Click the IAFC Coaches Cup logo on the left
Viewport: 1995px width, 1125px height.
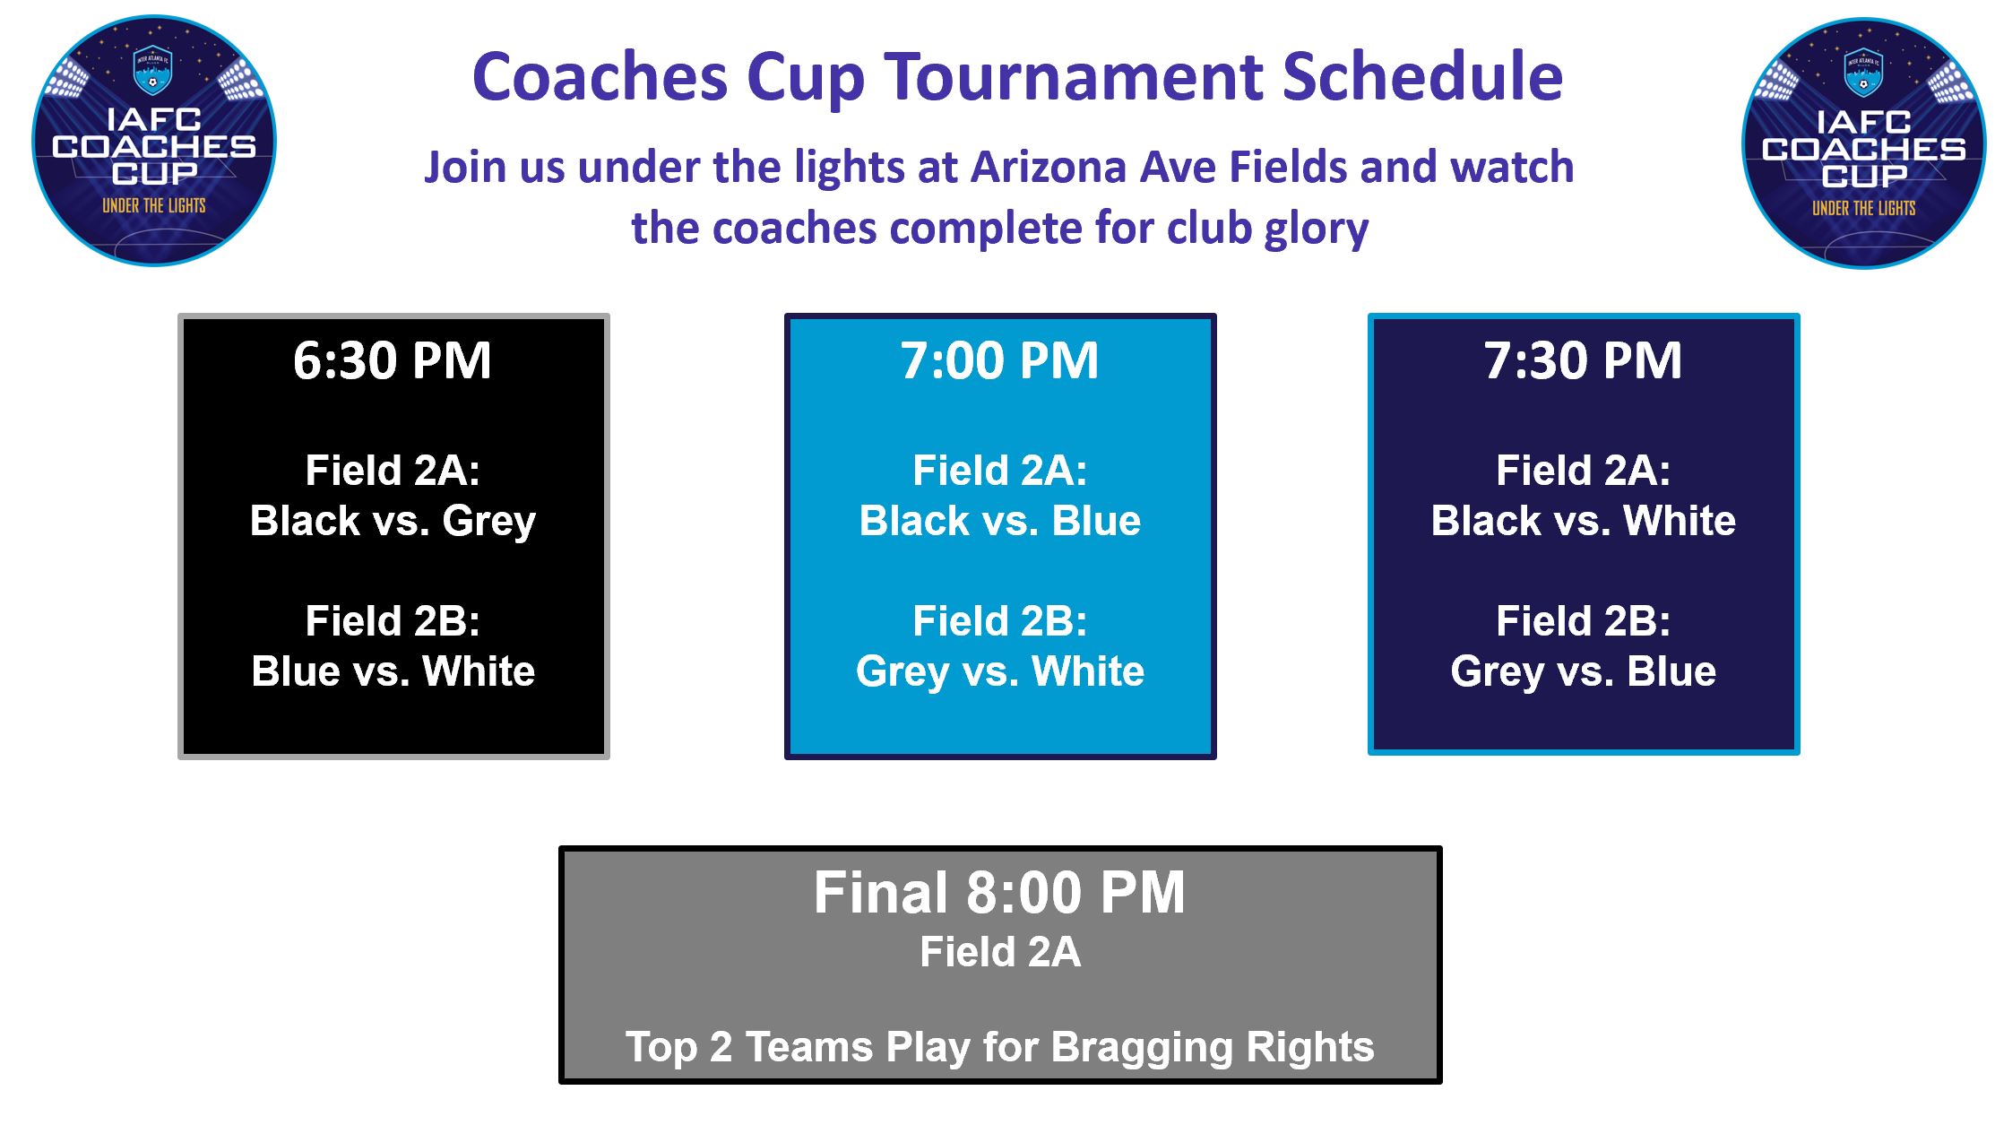(154, 141)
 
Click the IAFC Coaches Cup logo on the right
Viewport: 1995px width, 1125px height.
(1863, 143)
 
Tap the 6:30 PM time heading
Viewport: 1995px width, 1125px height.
(393, 360)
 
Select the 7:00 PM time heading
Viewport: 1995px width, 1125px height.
(999, 360)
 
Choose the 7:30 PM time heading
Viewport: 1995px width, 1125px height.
(1583, 360)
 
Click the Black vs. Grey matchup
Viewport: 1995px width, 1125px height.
(393, 522)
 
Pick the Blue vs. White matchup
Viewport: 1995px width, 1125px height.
(393, 671)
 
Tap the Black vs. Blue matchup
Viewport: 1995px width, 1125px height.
(999, 521)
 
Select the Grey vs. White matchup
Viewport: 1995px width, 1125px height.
(999, 672)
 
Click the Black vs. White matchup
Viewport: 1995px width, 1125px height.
(1583, 521)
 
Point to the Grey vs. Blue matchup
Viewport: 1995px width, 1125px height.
(1583, 672)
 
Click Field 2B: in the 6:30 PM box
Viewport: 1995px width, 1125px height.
(393, 621)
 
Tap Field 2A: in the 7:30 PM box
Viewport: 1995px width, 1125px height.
(1583, 471)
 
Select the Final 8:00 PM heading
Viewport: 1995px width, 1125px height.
(999, 893)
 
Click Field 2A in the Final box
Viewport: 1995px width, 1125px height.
(1000, 952)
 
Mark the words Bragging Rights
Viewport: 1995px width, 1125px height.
(1212, 1048)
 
